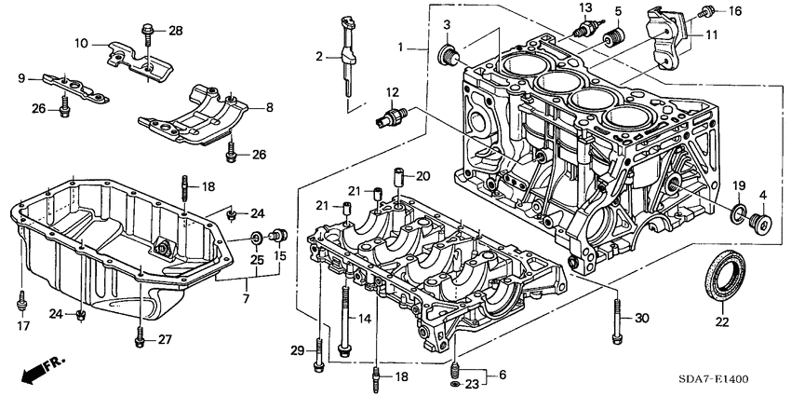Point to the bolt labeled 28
click(x=148, y=33)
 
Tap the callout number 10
click(x=81, y=43)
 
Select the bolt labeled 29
click(x=318, y=348)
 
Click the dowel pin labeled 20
click(x=396, y=176)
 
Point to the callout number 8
click(x=268, y=108)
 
